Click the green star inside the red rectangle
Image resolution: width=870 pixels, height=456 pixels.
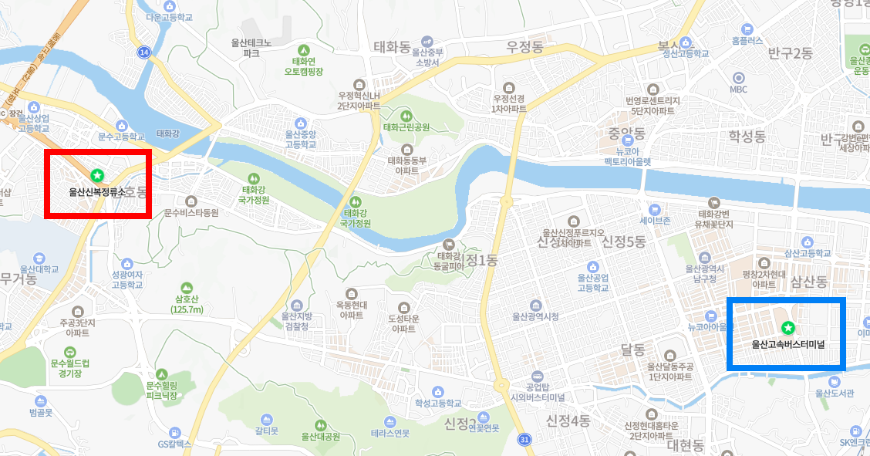96,176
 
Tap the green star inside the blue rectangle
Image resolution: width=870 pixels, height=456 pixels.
787,328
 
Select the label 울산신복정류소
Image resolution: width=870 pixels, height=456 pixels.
96,192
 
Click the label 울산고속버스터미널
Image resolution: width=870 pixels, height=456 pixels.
788,344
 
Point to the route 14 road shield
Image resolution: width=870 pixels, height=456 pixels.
144,52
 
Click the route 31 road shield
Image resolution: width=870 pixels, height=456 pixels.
524,440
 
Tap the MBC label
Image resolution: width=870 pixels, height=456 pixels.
738,89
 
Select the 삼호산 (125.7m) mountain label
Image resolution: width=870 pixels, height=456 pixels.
187,304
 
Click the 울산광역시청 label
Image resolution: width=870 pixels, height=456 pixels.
535,316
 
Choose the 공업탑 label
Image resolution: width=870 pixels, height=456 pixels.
537,386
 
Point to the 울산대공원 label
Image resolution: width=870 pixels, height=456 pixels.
320,436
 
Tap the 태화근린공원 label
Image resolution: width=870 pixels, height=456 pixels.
406,127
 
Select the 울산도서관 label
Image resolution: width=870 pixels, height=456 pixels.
835,393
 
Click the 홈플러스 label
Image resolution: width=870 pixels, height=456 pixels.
747,39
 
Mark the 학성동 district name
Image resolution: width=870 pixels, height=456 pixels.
747,137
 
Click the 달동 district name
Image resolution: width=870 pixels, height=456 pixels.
632,350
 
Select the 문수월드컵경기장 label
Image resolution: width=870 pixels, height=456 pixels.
70,367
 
